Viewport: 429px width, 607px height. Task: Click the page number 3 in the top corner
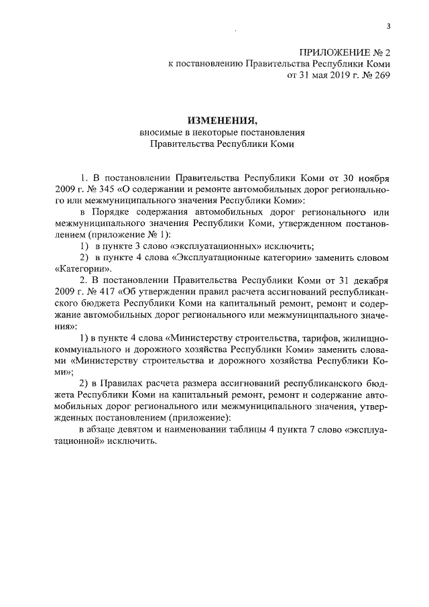coord(388,26)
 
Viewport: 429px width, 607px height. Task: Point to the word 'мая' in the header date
coord(311,76)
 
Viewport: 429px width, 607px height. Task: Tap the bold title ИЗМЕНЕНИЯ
coord(223,120)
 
